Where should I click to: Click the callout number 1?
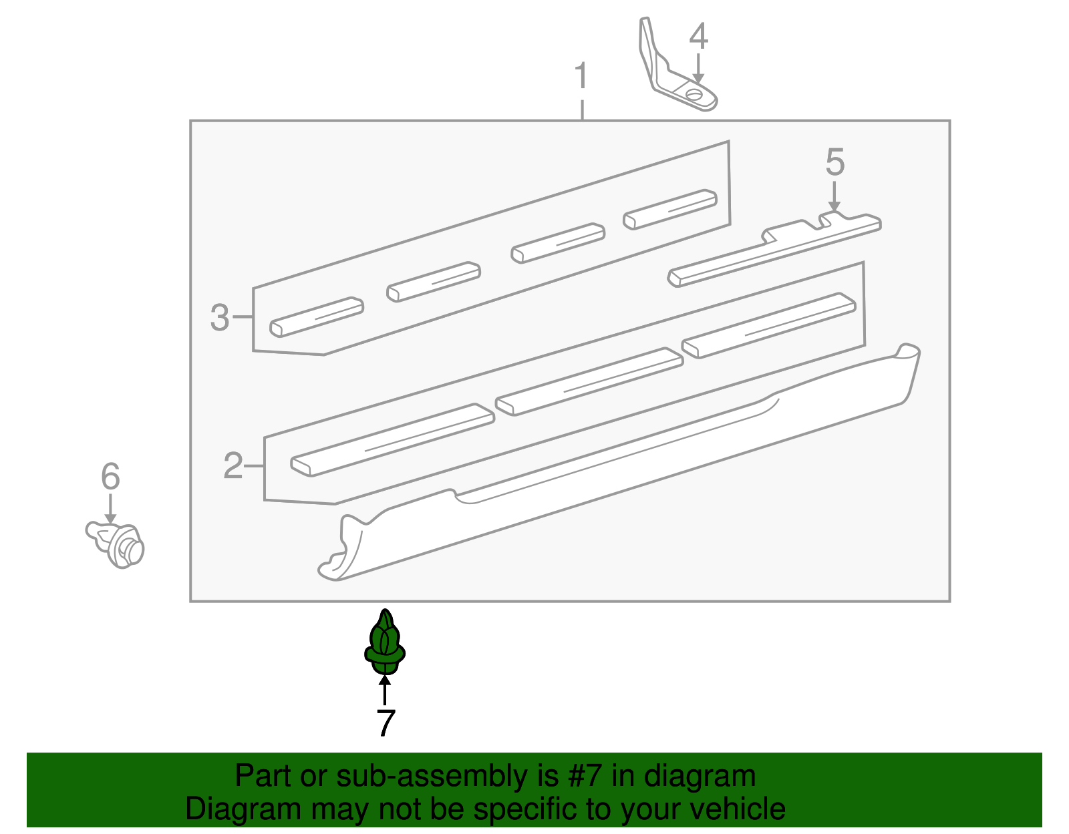pyautogui.click(x=581, y=75)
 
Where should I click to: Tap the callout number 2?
pyautogui.click(x=233, y=465)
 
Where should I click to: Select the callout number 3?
pyautogui.click(x=219, y=317)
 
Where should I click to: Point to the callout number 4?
pyautogui.click(x=699, y=36)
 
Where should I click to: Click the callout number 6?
pyautogui.click(x=110, y=475)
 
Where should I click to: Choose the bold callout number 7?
pyautogui.click(x=386, y=722)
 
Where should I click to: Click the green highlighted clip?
pyautogui.click(x=385, y=642)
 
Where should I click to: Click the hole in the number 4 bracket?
pyautogui.click(x=694, y=94)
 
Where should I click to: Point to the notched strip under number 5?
pyautogui.click(x=774, y=250)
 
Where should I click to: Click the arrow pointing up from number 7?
pyautogui.click(x=385, y=690)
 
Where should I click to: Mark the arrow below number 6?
pyautogui.click(x=110, y=509)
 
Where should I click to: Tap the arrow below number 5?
pyautogui.click(x=834, y=196)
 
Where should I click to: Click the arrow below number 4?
pyautogui.click(x=698, y=69)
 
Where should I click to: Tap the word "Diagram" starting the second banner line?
pyautogui.click(x=243, y=809)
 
